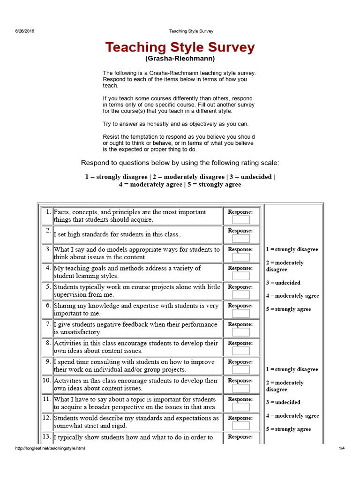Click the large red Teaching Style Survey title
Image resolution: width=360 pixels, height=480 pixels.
[180, 47]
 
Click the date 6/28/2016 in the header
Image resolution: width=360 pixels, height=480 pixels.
[24, 31]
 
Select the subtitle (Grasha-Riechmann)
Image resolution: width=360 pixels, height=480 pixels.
[180, 59]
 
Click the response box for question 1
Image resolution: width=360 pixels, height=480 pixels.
[241, 220]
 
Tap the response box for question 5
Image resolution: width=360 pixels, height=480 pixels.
[241, 295]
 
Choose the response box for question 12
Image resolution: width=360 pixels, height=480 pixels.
[241, 426]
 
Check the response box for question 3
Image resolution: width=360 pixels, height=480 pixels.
[241, 257]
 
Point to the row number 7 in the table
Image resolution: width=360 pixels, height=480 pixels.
[48, 324]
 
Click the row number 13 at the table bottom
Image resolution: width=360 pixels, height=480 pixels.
[47, 436]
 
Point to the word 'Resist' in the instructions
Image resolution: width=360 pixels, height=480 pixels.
[111, 136]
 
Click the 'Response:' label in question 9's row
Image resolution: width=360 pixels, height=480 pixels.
[240, 362]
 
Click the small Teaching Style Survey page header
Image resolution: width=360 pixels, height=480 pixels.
[191, 31]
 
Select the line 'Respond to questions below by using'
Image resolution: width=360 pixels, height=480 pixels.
[180, 163]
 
